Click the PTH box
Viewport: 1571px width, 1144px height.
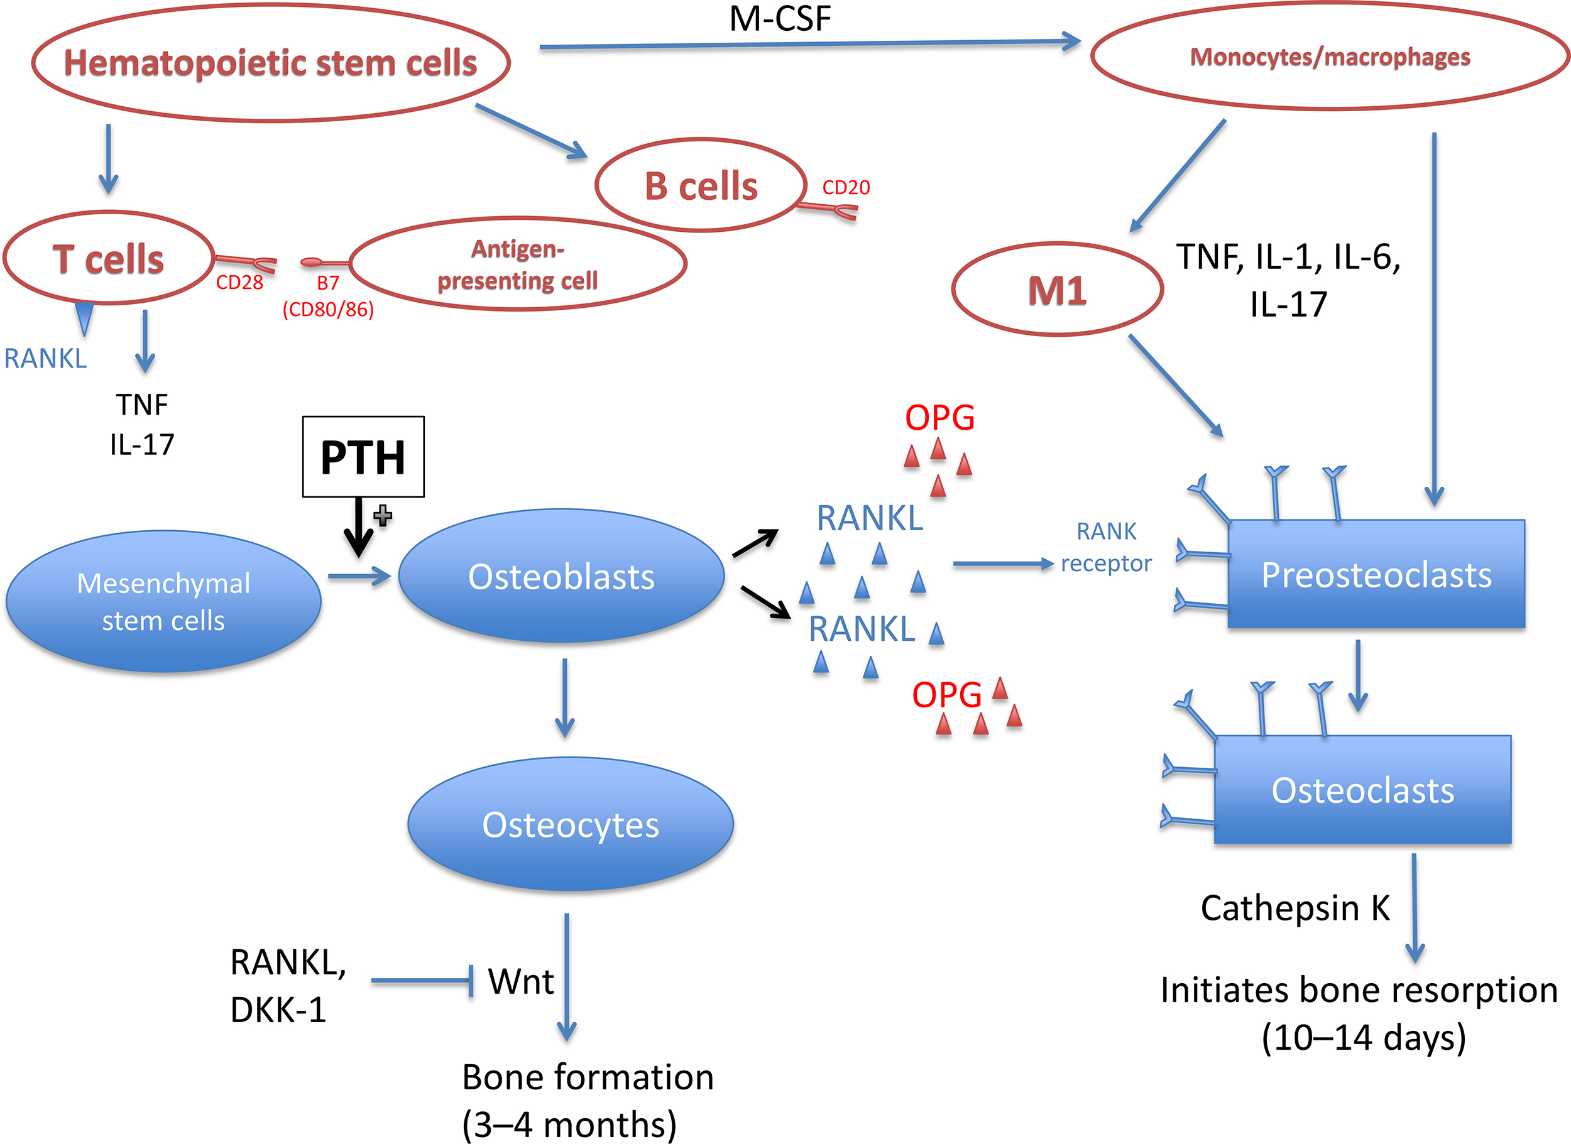363,456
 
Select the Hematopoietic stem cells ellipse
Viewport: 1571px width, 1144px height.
271,63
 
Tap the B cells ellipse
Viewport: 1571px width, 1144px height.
701,185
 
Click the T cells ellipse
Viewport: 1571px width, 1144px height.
108,258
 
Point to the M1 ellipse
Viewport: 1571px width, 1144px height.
1057,290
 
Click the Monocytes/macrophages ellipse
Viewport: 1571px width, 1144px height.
1329,57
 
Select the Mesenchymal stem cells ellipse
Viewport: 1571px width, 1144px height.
163,601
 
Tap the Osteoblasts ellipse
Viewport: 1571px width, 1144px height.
561,576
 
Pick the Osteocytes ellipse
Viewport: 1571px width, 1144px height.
570,824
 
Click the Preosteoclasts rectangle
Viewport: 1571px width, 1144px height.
1376,574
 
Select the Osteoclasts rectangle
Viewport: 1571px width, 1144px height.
1362,790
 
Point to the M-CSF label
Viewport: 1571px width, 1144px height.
780,18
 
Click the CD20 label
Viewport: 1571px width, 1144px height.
846,188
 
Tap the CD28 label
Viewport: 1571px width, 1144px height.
239,283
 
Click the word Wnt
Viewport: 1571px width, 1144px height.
521,981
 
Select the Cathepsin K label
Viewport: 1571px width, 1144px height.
1295,907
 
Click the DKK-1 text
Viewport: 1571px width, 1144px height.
278,1010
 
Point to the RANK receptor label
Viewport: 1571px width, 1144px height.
1106,547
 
